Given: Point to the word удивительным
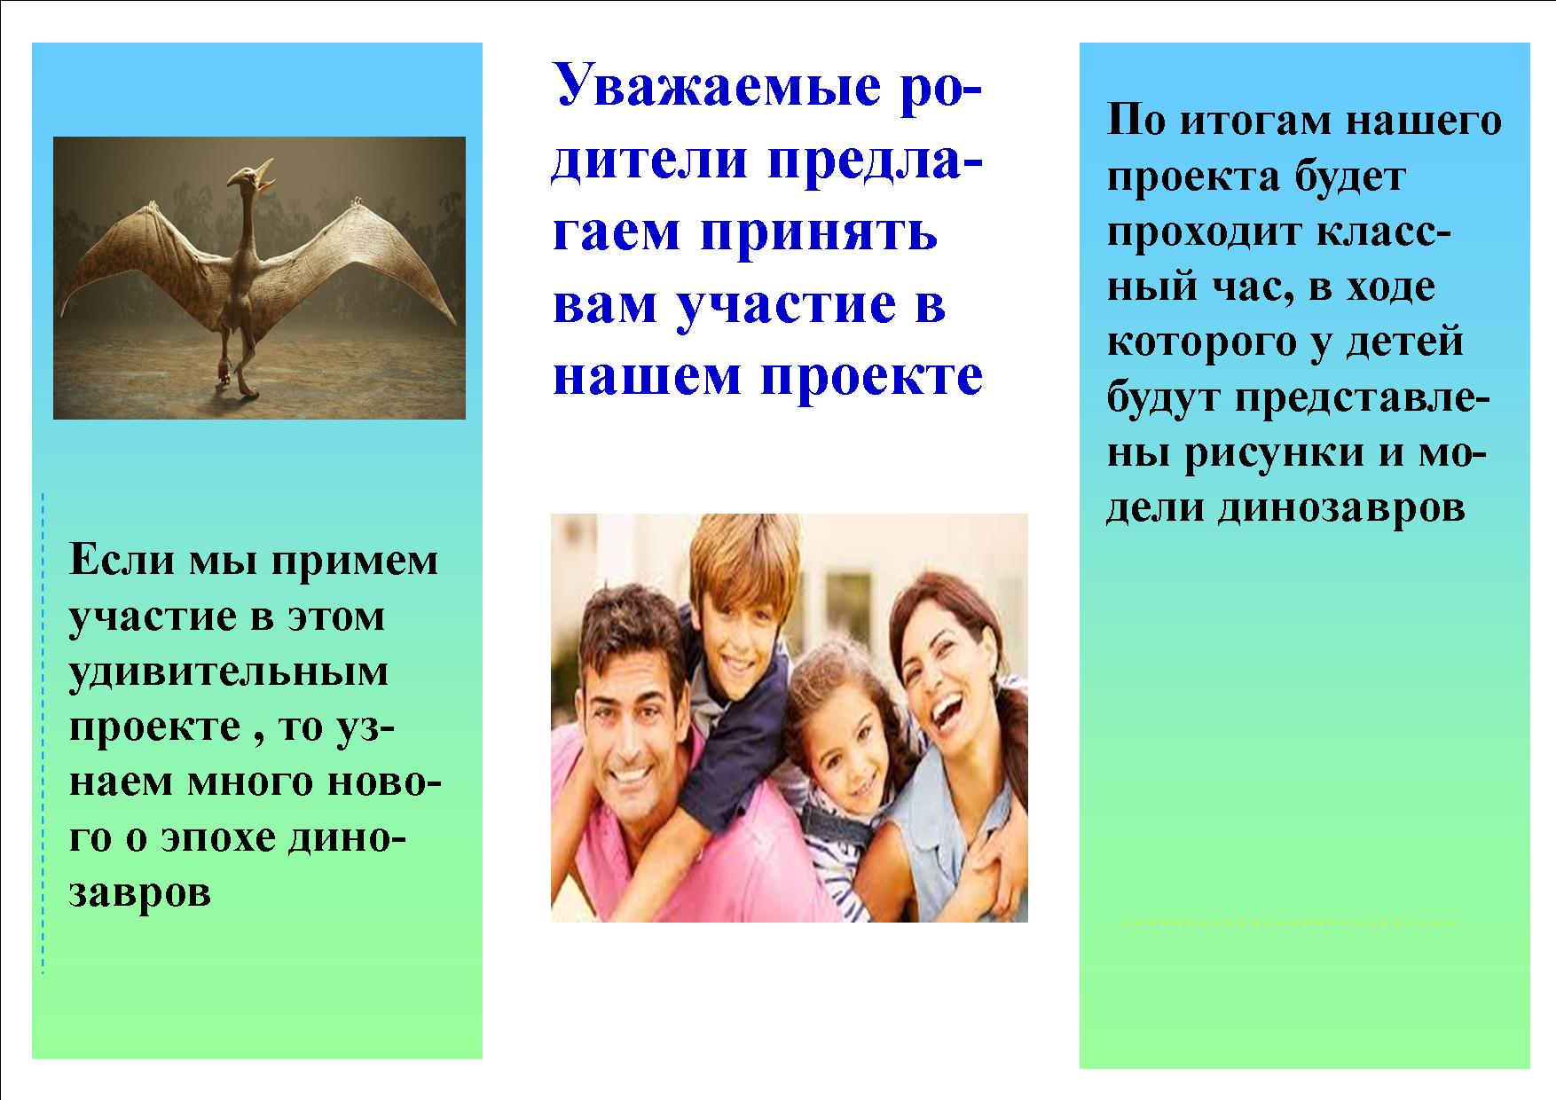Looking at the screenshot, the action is coord(229,672).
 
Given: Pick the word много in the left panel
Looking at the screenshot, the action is coord(263,782).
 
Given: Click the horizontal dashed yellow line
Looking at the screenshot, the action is coord(1287,923).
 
